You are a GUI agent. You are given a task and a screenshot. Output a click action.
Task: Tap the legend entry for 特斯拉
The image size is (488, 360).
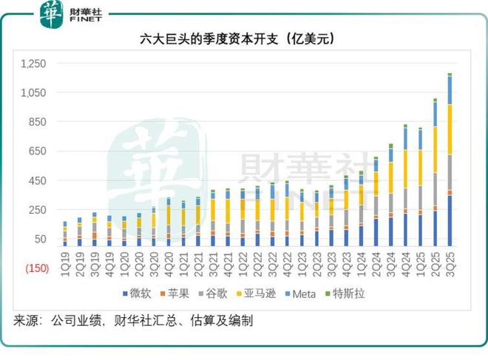coord(345,294)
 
